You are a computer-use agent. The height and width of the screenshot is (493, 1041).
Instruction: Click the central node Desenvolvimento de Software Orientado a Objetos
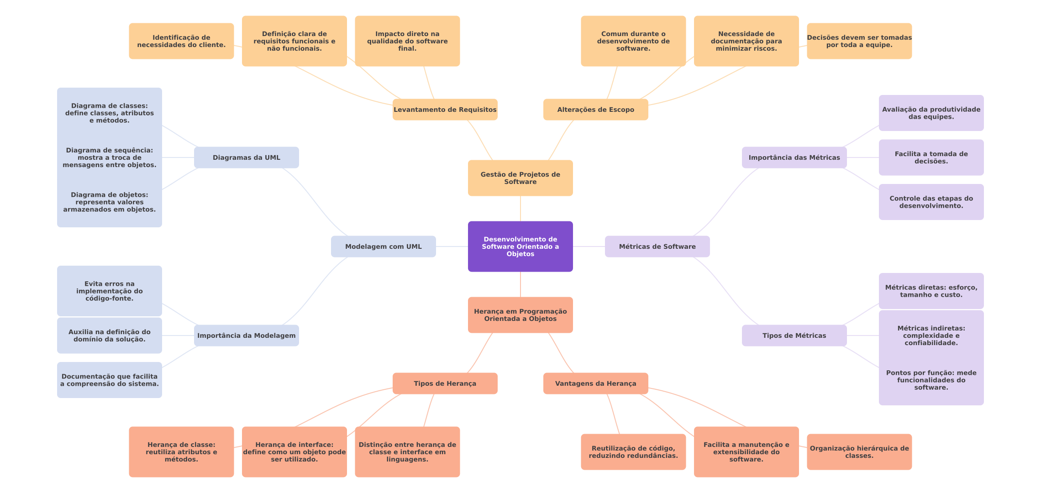pos(520,246)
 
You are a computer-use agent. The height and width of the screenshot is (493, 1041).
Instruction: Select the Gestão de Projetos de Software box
pos(520,178)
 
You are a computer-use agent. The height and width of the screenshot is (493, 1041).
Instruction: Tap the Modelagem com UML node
pos(383,246)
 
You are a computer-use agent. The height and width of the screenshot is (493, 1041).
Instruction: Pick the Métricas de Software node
pos(657,246)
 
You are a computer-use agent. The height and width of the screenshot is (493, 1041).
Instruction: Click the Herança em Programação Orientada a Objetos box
pos(520,315)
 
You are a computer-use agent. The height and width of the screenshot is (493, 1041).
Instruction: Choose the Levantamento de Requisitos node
pos(445,110)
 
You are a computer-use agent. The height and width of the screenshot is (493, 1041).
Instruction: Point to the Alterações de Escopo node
pos(595,110)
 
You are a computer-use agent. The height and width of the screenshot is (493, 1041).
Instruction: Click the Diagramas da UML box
pos(246,157)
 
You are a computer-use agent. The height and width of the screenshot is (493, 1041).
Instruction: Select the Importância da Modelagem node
pos(246,336)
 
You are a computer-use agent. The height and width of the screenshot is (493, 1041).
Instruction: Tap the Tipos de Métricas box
pos(794,336)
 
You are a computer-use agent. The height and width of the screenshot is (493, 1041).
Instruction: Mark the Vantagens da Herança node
pos(595,383)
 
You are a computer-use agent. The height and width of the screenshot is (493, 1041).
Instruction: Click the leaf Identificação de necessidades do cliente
pos(181,41)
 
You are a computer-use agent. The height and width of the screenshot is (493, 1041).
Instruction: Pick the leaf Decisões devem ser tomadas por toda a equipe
pos(859,41)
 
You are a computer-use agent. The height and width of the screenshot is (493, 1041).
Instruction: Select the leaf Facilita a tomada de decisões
pos(931,157)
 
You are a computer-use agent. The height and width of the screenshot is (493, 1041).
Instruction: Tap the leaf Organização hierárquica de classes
pos(859,452)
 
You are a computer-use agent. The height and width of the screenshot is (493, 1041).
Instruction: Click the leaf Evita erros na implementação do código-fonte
pos(109,291)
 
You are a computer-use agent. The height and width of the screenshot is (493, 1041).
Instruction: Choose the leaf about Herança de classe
pos(181,452)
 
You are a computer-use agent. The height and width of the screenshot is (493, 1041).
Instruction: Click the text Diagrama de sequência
pos(109,150)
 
